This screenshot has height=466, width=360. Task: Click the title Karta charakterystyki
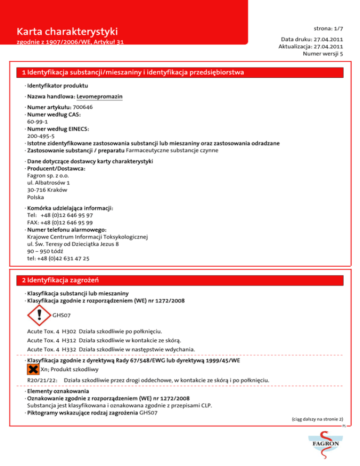[x=66, y=32]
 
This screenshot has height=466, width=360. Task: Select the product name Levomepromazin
[x=99, y=96]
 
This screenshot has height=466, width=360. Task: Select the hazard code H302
[x=69, y=331]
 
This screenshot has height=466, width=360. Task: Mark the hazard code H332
[x=69, y=349]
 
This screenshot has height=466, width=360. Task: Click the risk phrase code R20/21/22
[x=43, y=379]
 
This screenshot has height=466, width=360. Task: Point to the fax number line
[x=60, y=223]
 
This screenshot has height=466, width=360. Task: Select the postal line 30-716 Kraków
[x=47, y=190]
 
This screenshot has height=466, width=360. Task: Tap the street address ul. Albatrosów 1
[x=49, y=183]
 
